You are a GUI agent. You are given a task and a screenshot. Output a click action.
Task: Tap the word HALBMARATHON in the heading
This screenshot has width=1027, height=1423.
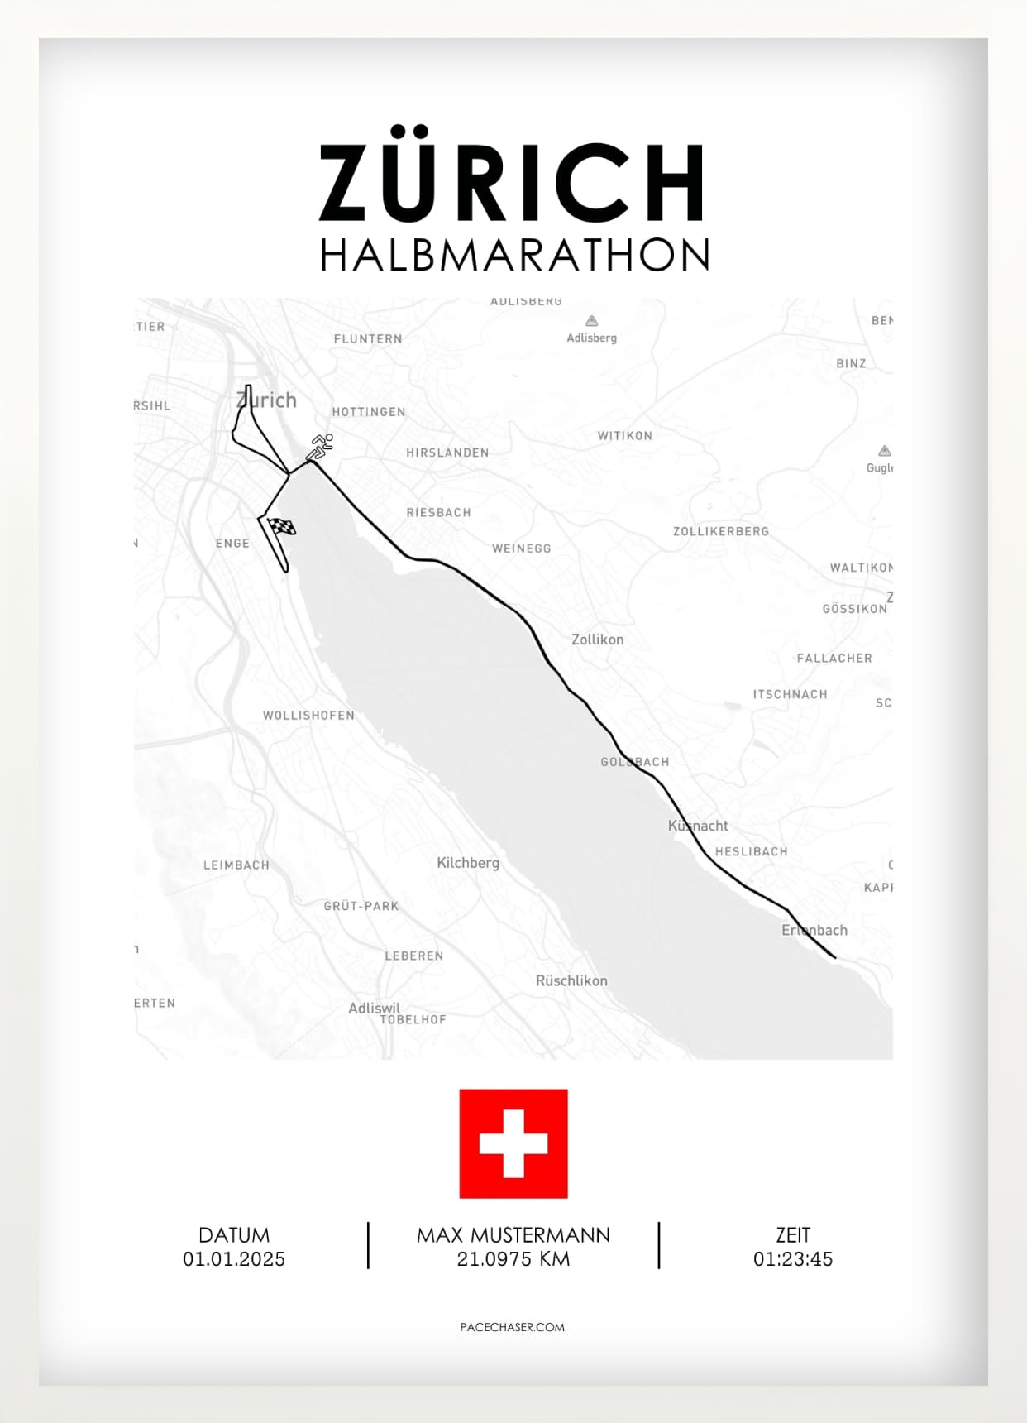[x=514, y=255]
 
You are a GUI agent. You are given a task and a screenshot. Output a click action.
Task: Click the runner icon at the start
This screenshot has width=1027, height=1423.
[x=320, y=447]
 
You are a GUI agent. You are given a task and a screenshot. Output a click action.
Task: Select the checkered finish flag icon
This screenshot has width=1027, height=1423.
[x=282, y=526]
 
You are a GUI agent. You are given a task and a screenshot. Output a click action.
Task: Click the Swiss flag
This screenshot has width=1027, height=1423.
[x=513, y=1143]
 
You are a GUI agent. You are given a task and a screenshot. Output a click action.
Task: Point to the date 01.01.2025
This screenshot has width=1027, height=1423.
[x=234, y=1259]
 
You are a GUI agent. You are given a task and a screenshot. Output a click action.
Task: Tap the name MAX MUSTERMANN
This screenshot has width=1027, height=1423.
[x=513, y=1235]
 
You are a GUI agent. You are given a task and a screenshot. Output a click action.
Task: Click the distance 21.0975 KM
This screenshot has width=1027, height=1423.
[x=513, y=1259]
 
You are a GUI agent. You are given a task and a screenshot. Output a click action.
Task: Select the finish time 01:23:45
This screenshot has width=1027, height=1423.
[x=793, y=1259]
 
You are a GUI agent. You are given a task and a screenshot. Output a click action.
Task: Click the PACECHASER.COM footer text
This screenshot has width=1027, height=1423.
[x=513, y=1327]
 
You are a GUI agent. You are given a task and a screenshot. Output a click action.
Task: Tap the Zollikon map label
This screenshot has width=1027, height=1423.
[x=598, y=640]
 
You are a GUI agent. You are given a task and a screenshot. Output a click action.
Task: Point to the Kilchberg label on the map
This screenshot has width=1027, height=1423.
[x=468, y=863]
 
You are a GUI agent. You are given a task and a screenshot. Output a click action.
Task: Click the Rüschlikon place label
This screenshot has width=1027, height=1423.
[x=571, y=980]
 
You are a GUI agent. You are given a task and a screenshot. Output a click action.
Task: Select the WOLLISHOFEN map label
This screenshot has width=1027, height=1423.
[x=308, y=716]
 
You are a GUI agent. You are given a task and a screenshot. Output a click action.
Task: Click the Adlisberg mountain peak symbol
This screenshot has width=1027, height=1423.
[x=592, y=321]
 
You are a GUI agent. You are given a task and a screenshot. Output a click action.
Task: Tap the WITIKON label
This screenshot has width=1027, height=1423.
[x=625, y=436]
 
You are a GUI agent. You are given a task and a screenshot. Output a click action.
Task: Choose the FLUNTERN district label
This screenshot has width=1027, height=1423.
[x=368, y=339]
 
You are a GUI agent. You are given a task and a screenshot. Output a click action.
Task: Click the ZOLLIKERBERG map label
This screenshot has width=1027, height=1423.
[x=721, y=531]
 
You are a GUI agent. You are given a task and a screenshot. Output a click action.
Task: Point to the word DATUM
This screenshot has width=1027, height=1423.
[x=234, y=1235]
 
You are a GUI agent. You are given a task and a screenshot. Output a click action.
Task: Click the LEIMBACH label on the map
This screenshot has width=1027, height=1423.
[x=236, y=865]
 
